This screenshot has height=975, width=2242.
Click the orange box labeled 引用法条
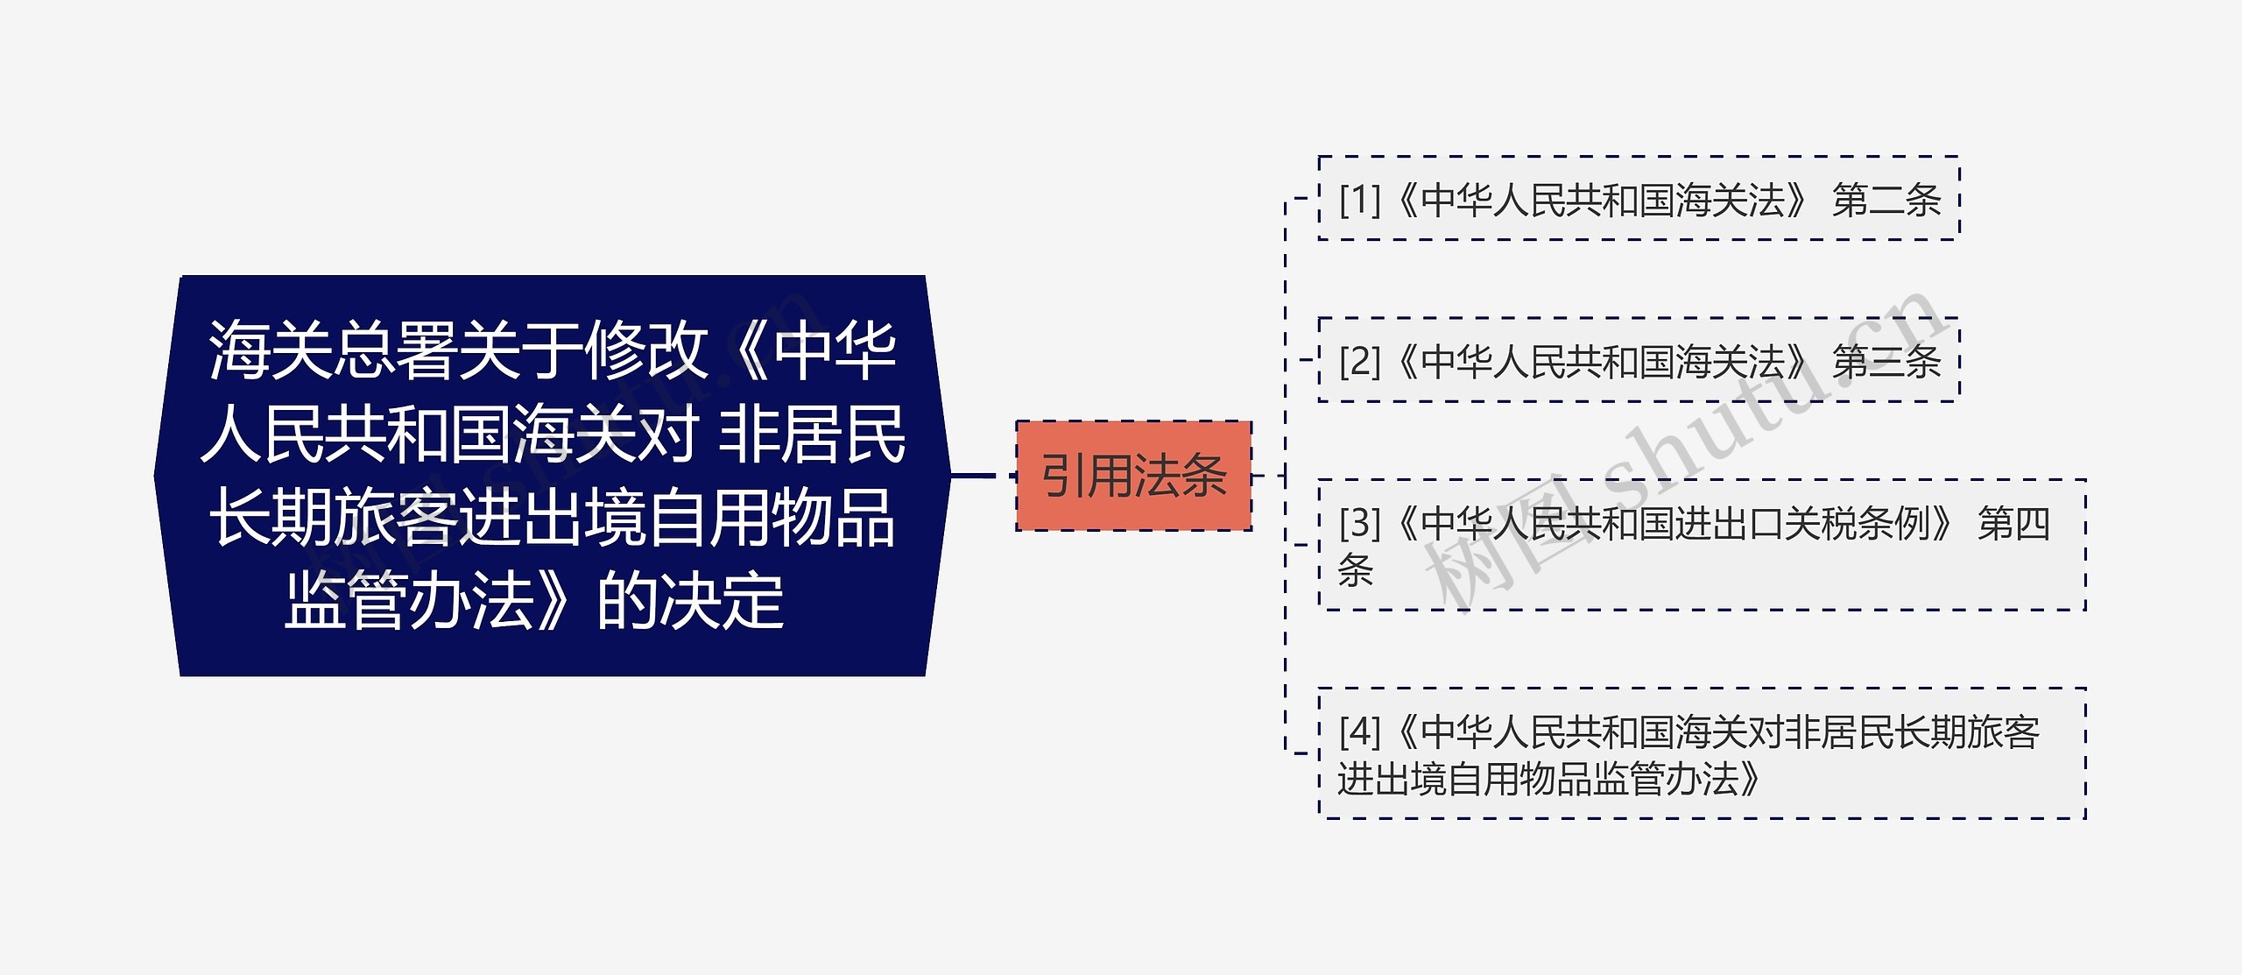pyautogui.click(x=1133, y=476)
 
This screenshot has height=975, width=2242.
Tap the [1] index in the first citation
pyautogui.click(x=1359, y=200)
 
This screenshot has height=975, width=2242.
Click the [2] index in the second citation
pyautogui.click(x=1359, y=361)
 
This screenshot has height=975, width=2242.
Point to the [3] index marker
pyautogui.click(x=1359, y=523)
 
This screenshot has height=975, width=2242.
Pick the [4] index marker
pyautogui.click(x=1359, y=731)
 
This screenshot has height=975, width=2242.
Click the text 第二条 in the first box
pyautogui.click(x=1886, y=200)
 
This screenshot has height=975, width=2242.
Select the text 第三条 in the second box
pyautogui.click(x=1886, y=361)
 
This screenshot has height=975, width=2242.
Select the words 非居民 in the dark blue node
pyautogui.click(x=811, y=434)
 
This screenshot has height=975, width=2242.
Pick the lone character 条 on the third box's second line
pyautogui.click(x=1355, y=570)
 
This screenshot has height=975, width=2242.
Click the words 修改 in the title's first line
pyautogui.click(x=646, y=350)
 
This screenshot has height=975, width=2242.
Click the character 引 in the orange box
pyautogui.click(x=1063, y=476)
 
